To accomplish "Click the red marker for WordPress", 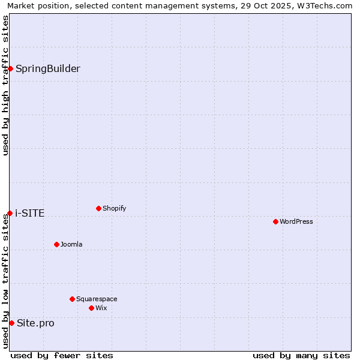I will coord(275,221).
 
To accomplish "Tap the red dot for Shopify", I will coord(98,208).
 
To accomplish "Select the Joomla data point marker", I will coord(56,244).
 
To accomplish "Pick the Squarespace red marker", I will coord(72,299).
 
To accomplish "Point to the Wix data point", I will coord(91,308).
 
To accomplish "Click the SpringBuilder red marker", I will coord(10,68).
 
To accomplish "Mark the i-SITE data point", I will coord(10,213).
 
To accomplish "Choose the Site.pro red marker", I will coord(11,323).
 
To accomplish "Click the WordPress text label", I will coord(296,221).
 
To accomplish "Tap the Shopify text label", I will coord(115,208).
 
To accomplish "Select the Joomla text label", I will coord(71,244).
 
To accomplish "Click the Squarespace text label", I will coord(97,299).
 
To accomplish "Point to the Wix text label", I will coord(101,308).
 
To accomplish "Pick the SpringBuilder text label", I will coord(48,68).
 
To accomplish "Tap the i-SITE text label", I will coord(30,213).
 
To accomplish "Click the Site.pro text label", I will coord(35,323).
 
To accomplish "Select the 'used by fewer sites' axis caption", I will coord(62,355).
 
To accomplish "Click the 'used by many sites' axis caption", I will coord(301,355).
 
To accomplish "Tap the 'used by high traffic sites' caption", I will coord(5,85).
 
